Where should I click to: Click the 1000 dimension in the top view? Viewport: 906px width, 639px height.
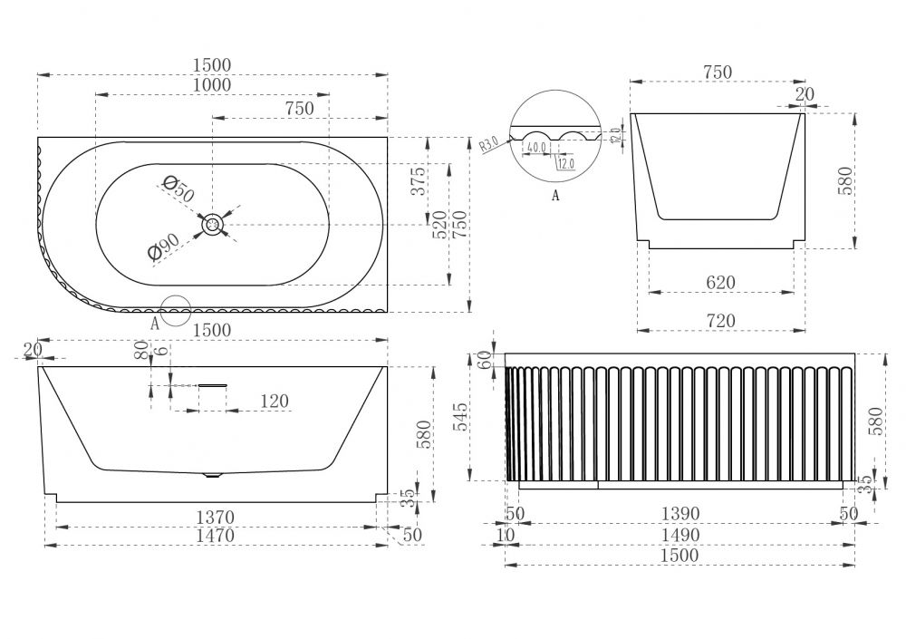point(211,85)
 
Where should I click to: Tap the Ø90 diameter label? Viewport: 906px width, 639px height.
point(167,245)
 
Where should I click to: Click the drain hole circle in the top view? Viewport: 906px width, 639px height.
point(213,225)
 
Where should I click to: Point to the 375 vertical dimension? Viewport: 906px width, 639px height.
point(418,182)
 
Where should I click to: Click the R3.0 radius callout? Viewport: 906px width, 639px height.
point(488,143)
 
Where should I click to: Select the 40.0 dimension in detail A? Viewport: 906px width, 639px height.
point(537,147)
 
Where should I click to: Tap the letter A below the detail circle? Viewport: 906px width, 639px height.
point(555,194)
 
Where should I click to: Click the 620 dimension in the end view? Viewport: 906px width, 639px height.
point(720,283)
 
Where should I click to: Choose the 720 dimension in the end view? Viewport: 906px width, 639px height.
point(720,320)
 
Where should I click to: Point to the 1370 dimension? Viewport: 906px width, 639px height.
point(215,518)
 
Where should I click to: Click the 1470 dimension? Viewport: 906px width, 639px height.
point(215,536)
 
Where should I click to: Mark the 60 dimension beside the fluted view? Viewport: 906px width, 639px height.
point(484,359)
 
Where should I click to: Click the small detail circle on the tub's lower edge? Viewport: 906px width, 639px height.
point(175,310)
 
